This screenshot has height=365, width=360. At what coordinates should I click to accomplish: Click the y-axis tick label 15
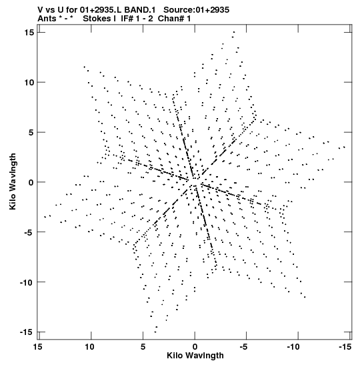coord(29,32)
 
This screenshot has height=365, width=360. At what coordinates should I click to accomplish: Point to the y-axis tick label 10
coord(29,82)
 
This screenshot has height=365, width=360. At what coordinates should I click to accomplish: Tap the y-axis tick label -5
coord(28,232)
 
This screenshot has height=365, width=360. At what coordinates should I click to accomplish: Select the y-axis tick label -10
coord(26,282)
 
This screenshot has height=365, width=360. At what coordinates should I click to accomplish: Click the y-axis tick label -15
coord(26,332)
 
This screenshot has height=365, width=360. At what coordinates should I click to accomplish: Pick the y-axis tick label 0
coord(31,182)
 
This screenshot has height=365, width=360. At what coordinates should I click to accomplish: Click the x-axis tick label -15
coord(345,347)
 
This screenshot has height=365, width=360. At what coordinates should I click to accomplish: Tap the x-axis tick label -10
coord(293,347)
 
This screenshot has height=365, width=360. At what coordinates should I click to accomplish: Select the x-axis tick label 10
coord(89,347)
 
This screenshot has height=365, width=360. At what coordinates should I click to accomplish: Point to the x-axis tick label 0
coord(195,347)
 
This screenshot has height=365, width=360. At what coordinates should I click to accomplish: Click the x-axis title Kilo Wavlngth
coord(195,356)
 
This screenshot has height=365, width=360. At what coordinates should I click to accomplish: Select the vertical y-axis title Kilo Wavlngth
coord(13,181)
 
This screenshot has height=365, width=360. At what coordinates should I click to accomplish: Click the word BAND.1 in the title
coord(140,10)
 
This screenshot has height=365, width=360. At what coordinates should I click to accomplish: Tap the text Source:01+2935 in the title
coord(196,10)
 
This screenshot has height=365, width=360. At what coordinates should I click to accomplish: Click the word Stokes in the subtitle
coord(97,19)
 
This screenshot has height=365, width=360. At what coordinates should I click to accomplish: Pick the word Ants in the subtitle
coord(47,19)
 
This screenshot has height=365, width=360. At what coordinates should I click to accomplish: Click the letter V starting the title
coord(40,10)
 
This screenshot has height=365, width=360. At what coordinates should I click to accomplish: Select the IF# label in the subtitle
coord(127,19)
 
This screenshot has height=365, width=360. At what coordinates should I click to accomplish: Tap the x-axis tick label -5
coord(243,347)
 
